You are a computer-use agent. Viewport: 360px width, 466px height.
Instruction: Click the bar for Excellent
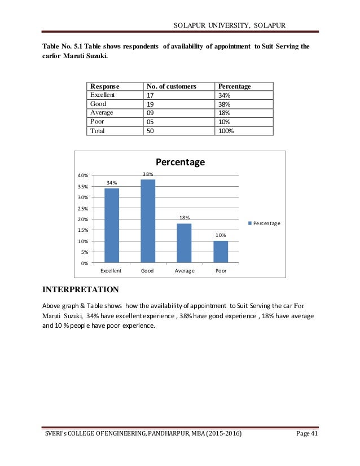click(x=112, y=225)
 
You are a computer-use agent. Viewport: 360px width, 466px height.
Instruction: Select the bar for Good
click(x=148, y=221)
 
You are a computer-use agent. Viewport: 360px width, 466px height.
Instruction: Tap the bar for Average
click(x=185, y=243)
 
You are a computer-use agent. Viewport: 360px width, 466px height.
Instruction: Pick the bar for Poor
click(x=221, y=252)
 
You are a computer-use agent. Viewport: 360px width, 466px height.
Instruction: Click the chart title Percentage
click(x=180, y=162)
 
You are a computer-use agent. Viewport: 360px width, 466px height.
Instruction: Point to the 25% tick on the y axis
click(x=83, y=208)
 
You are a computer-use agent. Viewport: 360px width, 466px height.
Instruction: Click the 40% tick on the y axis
click(x=83, y=175)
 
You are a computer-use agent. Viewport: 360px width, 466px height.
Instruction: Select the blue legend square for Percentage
click(x=249, y=223)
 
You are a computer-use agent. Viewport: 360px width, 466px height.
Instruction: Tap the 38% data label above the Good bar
click(x=148, y=174)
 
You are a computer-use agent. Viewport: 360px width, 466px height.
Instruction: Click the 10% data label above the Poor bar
click(x=221, y=235)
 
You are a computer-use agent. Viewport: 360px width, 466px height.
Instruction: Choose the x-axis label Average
click(x=185, y=271)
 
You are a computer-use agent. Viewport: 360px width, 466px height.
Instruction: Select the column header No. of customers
click(x=171, y=86)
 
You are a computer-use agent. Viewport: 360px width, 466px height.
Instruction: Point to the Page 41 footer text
click(x=327, y=455)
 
